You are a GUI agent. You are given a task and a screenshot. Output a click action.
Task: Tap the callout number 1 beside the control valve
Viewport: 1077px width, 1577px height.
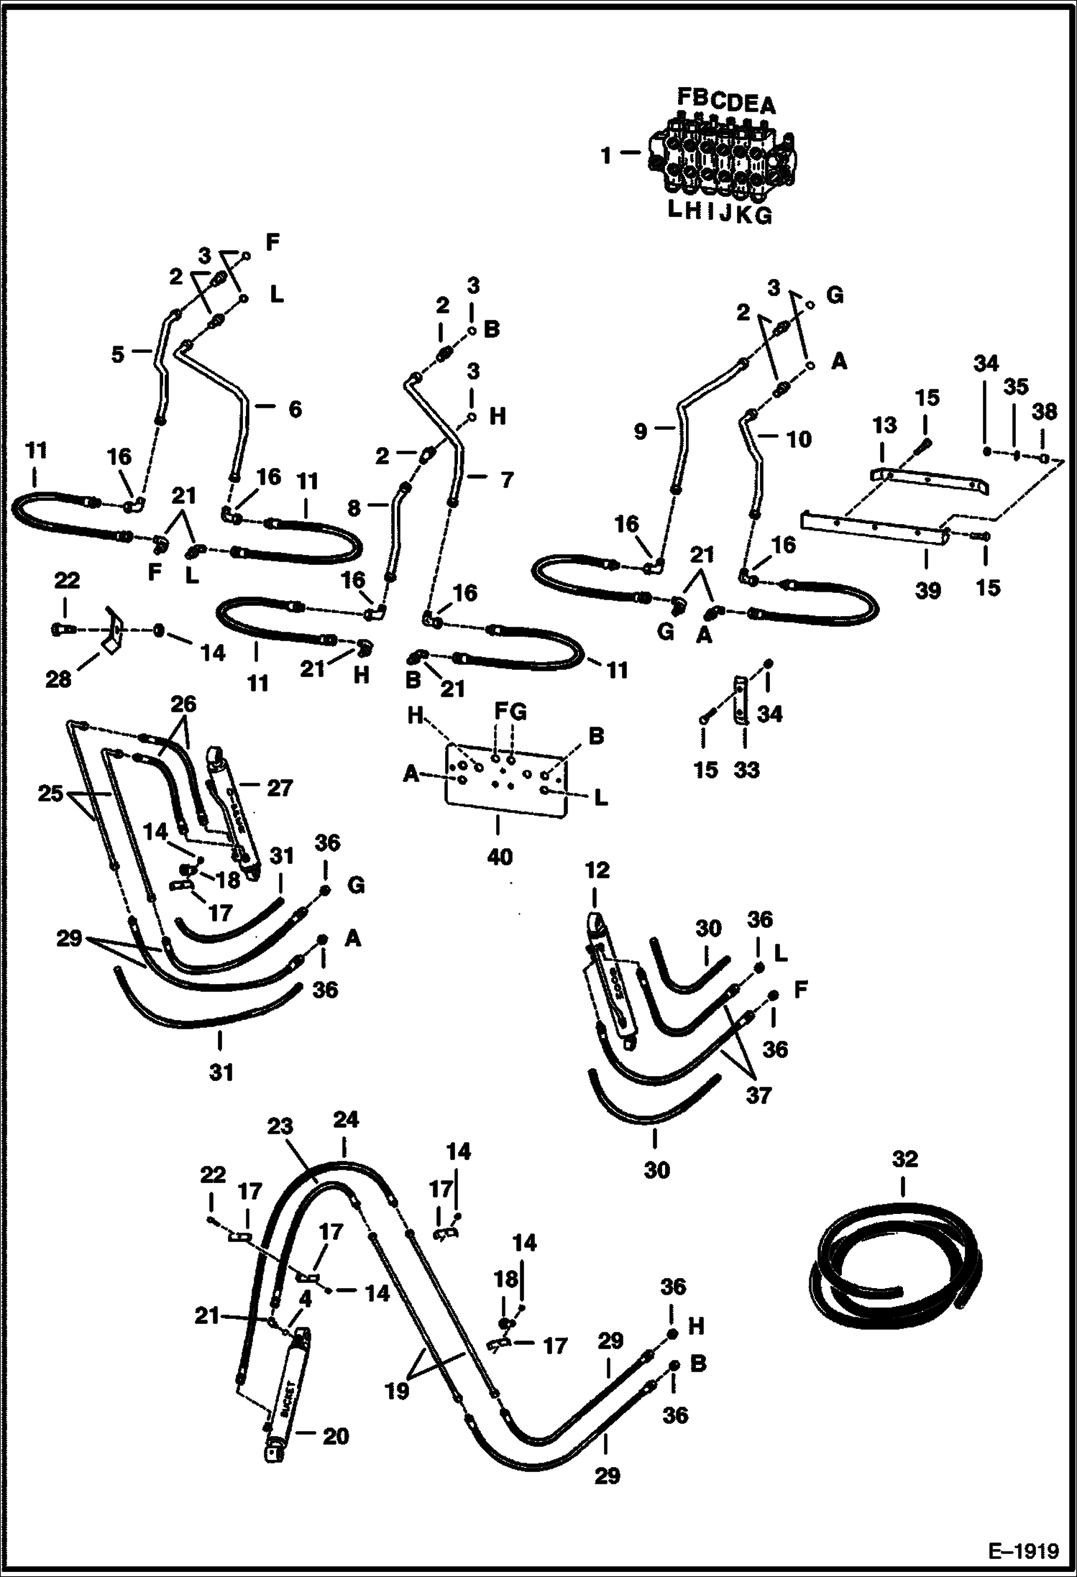[x=606, y=155]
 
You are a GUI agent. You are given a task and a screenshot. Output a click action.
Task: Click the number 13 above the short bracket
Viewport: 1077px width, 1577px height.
[x=884, y=426]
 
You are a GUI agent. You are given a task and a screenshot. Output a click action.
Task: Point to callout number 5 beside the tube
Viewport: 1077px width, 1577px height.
[x=118, y=354]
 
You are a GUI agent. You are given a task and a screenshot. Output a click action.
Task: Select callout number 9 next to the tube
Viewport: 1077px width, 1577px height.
[x=641, y=431]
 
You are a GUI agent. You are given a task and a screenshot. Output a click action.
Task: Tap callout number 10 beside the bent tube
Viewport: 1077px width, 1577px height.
[x=799, y=438]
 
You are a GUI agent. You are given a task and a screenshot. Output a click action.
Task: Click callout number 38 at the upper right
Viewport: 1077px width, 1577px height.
[x=1044, y=412]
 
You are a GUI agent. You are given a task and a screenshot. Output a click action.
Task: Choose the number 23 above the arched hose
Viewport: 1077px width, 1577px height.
[x=280, y=1126]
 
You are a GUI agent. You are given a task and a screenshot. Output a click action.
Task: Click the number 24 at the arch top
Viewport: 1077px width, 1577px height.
[x=345, y=1121]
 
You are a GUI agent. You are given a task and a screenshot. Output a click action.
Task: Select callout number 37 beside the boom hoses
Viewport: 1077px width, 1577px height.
[x=758, y=1095]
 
